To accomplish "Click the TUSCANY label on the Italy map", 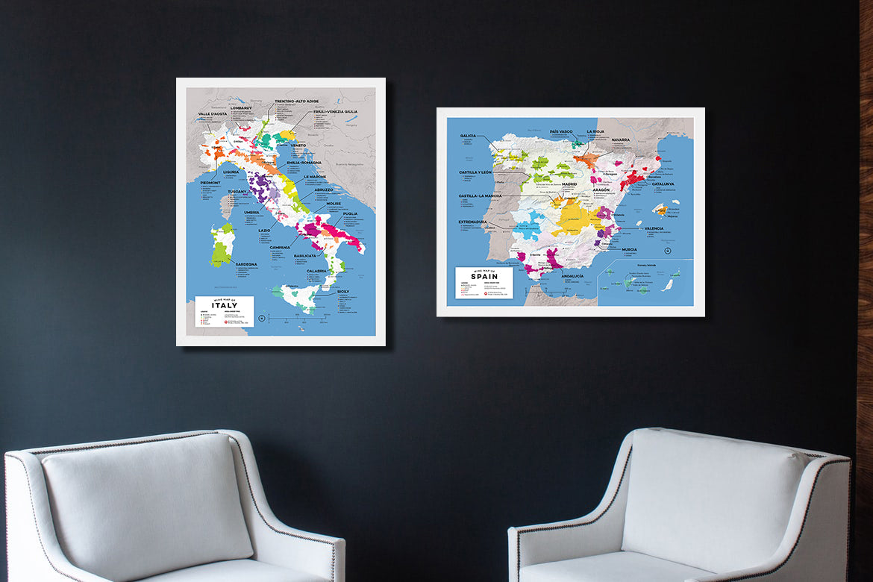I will (x=237, y=192).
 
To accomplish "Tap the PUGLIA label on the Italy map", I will (x=350, y=214).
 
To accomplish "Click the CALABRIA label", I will (x=316, y=271).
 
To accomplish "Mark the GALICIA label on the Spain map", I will (x=468, y=136).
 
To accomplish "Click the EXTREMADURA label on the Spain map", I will (x=473, y=222).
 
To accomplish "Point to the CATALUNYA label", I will (x=662, y=184).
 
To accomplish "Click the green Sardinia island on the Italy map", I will (x=222, y=244).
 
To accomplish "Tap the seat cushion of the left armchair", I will (x=224, y=569).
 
